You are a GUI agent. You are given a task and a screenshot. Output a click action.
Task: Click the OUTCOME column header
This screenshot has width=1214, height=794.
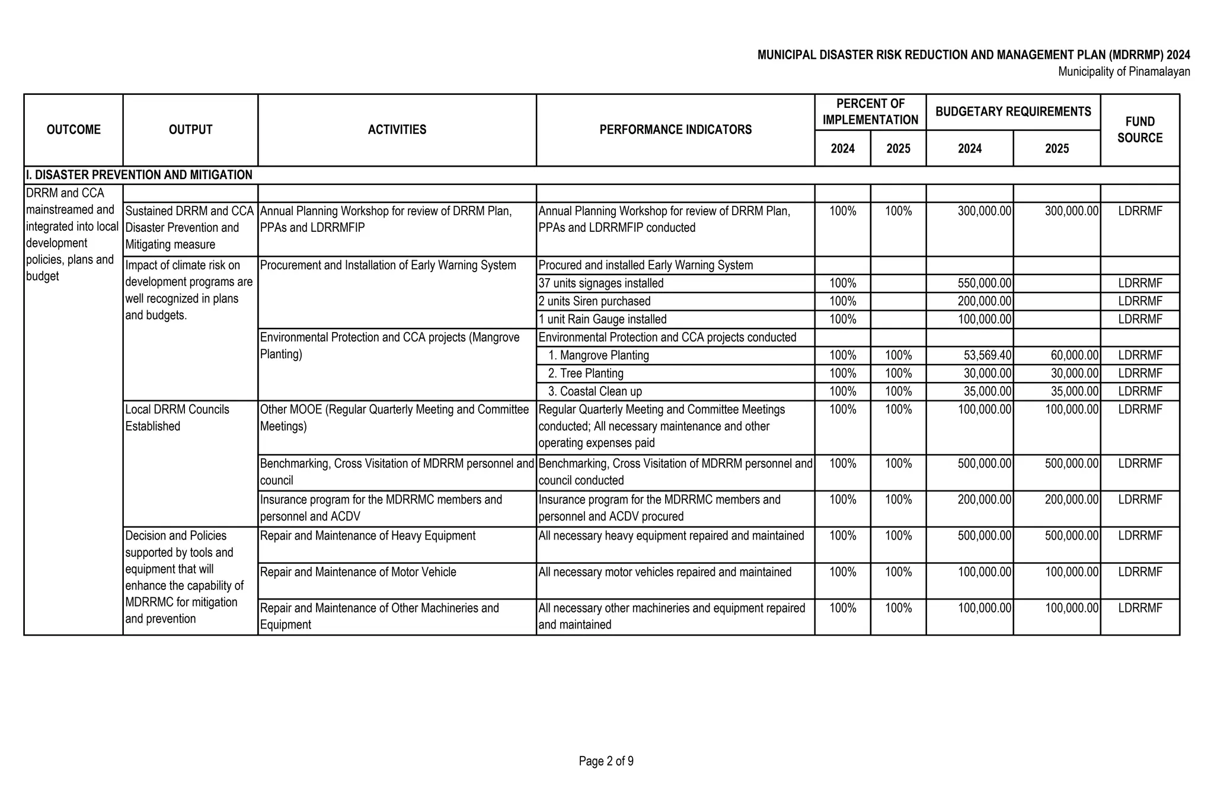click(x=74, y=129)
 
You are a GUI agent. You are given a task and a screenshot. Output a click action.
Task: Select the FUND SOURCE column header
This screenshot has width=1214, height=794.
click(x=1139, y=129)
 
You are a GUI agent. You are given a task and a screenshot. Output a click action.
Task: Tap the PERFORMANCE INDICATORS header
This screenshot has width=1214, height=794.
click(x=675, y=129)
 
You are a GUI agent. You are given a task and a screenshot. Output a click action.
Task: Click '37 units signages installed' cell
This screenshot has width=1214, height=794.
click(x=600, y=283)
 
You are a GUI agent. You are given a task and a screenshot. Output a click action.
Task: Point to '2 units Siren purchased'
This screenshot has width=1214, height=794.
click(x=594, y=301)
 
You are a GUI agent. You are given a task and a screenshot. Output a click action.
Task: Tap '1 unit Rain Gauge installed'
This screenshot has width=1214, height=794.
click(x=602, y=319)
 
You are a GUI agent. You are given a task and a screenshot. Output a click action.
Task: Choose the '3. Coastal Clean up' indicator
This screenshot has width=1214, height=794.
click(x=595, y=391)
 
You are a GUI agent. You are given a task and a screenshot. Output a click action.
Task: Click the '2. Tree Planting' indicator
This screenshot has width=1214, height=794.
click(x=585, y=374)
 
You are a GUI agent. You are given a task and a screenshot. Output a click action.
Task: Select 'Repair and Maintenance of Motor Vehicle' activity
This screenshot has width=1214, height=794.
click(x=358, y=572)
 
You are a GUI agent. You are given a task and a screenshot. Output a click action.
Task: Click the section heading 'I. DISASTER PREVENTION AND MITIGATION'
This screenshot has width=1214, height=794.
click(x=139, y=175)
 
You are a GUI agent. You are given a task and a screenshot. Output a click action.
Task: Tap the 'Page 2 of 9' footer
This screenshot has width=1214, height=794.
click(x=606, y=761)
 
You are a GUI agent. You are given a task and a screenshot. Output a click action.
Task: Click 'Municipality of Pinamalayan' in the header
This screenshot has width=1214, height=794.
click(x=1124, y=72)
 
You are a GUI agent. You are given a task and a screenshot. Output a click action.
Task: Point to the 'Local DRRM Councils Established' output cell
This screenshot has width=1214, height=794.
click(x=177, y=417)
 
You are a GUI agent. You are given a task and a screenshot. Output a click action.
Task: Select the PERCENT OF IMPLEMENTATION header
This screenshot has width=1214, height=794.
click(x=870, y=111)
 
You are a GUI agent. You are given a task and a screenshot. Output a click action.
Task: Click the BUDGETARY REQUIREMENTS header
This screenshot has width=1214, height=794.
click(x=1013, y=111)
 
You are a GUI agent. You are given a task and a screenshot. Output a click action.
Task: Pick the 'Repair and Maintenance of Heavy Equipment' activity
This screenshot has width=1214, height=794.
click(x=368, y=535)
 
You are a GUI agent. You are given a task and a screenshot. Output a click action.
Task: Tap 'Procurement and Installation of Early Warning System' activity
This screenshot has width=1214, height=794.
click(x=388, y=265)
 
